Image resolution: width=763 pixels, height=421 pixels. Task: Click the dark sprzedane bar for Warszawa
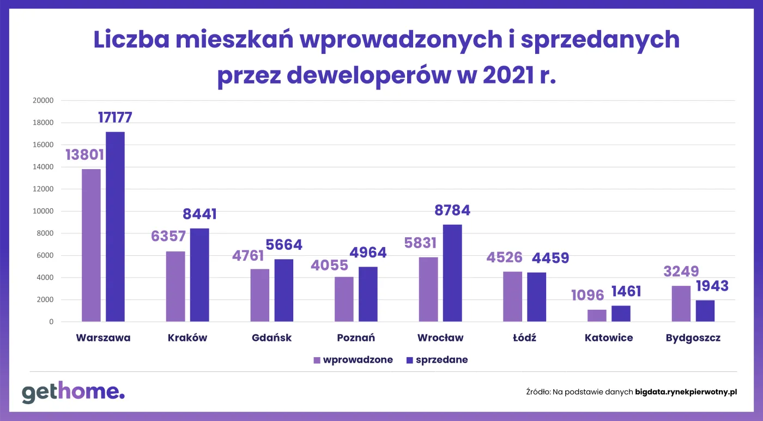pyautogui.click(x=115, y=226)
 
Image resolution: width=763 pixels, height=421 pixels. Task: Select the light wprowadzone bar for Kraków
pyautogui.click(x=175, y=286)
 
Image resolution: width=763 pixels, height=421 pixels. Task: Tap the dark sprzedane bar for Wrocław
pyautogui.click(x=452, y=273)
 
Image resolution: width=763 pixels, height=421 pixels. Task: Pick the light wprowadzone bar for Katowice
pyautogui.click(x=597, y=316)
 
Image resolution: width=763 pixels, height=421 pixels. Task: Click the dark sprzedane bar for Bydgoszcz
pyautogui.click(x=705, y=311)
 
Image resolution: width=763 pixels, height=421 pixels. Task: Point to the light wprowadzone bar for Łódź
pyautogui.click(x=513, y=297)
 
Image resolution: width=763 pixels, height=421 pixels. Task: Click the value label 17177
pyautogui.click(x=115, y=117)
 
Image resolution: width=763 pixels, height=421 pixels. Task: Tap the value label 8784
pyautogui.click(x=452, y=211)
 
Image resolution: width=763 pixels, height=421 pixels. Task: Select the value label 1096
pyautogui.click(x=588, y=296)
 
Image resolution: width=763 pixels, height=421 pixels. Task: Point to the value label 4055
pyautogui.click(x=329, y=265)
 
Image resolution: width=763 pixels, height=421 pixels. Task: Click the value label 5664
pyautogui.click(x=283, y=245)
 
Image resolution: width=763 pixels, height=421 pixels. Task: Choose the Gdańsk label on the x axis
pyautogui.click(x=272, y=338)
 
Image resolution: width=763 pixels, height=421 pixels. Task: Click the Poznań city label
pyautogui.click(x=356, y=338)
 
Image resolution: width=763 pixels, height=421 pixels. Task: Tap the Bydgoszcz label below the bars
pyautogui.click(x=693, y=338)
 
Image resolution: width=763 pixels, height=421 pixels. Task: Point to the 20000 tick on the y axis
pyautogui.click(x=43, y=100)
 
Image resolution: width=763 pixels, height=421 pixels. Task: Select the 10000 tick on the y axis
pyautogui.click(x=43, y=211)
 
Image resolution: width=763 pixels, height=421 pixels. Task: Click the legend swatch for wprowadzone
pyautogui.click(x=317, y=360)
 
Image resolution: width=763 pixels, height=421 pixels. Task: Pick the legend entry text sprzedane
pyautogui.click(x=441, y=360)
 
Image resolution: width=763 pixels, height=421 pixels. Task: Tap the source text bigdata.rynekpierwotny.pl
pyautogui.click(x=686, y=392)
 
